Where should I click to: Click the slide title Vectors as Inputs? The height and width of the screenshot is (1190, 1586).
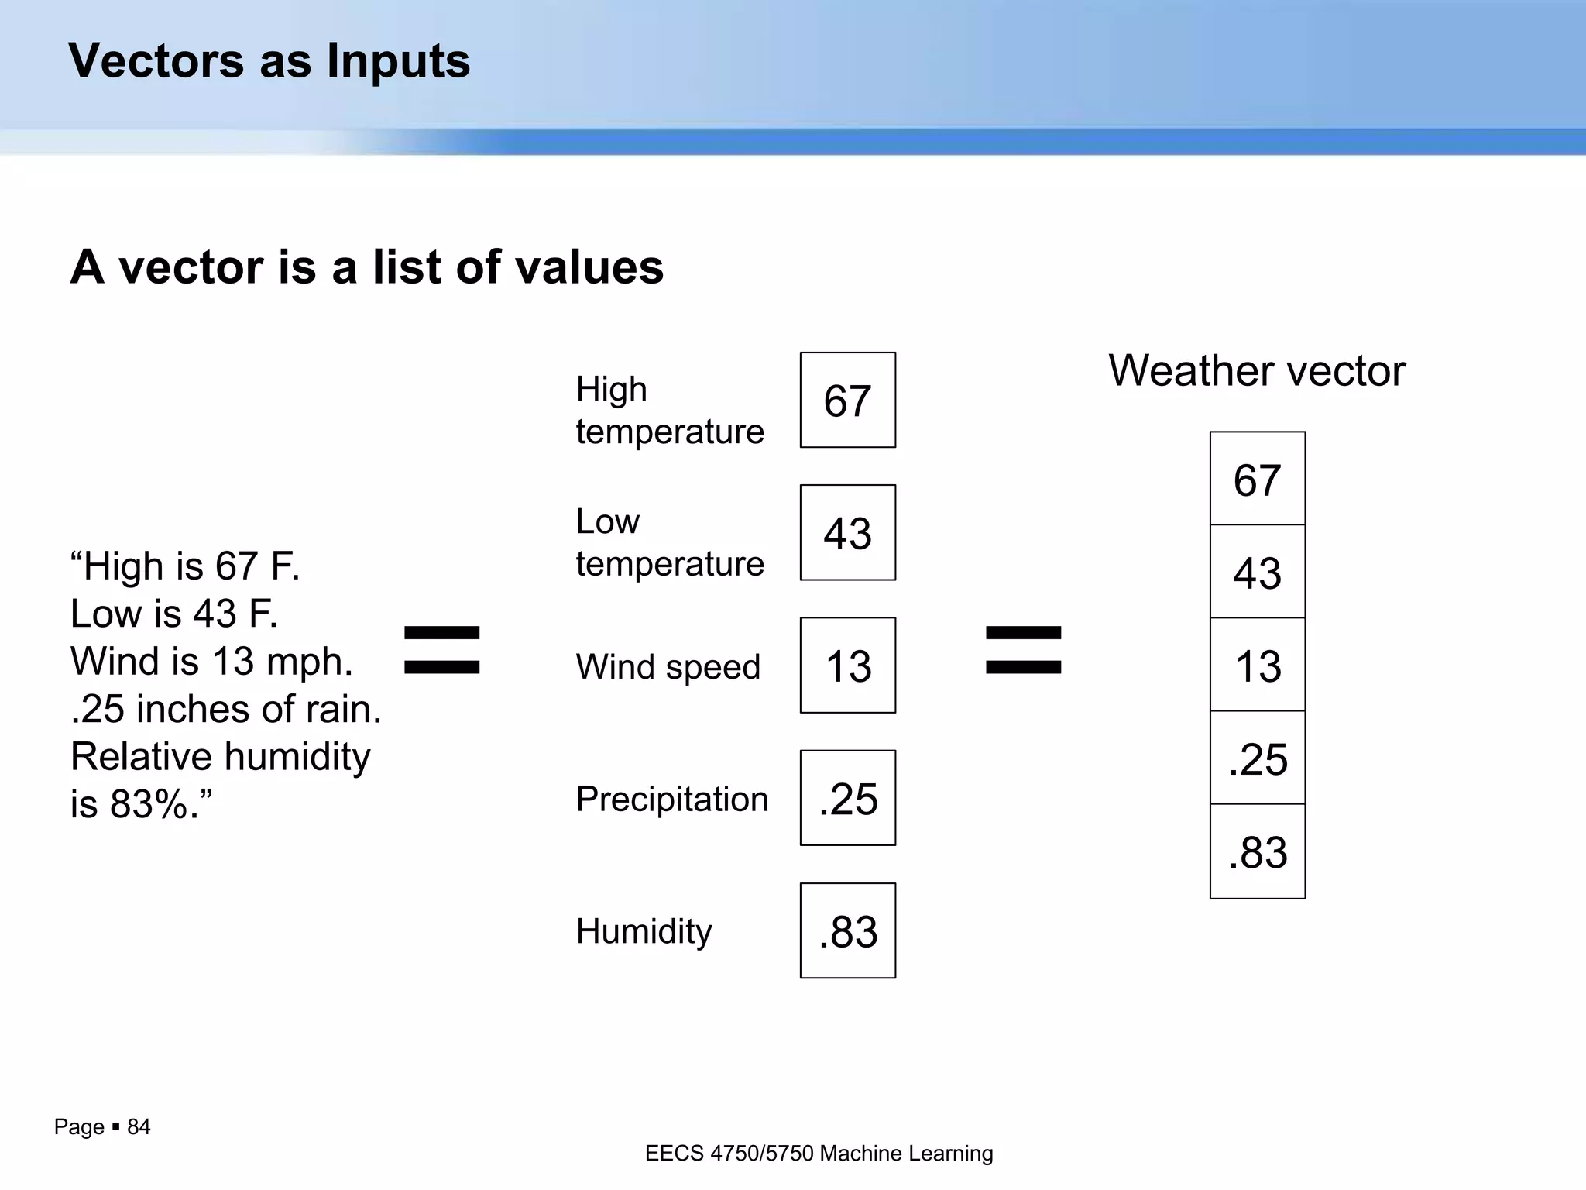coord(269,60)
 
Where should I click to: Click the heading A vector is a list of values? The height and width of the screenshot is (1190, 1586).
coord(366,267)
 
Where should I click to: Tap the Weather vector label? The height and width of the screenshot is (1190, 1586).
coord(1256,370)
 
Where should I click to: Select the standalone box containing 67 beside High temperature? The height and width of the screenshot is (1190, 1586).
coord(847,400)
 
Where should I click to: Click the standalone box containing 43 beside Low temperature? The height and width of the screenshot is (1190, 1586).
coord(847,532)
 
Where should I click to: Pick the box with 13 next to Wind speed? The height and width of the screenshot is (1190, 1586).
coord(847,665)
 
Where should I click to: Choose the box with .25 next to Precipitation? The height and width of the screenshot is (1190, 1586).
coord(847,797)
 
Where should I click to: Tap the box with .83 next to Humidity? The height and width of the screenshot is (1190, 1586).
coord(847,930)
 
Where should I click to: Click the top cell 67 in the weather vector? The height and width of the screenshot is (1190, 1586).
coord(1257,479)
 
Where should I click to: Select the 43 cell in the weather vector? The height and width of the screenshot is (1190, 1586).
coord(1257,572)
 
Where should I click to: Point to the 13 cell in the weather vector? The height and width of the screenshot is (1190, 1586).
coord(1257,665)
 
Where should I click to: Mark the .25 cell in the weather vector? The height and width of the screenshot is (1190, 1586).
coord(1257,758)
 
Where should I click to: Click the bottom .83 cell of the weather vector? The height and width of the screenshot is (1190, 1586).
coord(1257,851)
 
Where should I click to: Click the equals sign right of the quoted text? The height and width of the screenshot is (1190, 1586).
coord(442,650)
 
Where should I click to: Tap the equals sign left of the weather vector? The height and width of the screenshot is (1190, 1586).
coord(1023,650)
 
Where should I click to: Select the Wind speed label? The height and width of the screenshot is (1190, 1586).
coord(668,666)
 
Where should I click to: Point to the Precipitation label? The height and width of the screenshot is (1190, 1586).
coord(671,799)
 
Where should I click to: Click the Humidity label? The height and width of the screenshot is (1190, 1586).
coord(644,931)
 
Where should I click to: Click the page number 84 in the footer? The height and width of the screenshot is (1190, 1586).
coord(139,1126)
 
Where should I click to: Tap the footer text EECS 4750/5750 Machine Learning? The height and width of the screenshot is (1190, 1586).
coord(819,1154)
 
